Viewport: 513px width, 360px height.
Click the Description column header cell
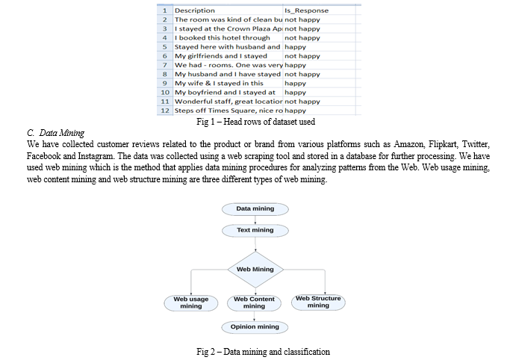(228, 10)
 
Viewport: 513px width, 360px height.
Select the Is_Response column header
(320, 10)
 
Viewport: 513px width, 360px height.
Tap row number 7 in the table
(165, 65)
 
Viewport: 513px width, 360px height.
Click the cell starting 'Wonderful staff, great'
(228, 102)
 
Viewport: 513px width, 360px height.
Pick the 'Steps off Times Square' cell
(228, 111)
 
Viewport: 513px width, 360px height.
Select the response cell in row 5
(320, 47)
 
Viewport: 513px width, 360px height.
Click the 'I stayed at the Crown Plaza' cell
(228, 29)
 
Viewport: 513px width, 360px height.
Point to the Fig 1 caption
(256, 122)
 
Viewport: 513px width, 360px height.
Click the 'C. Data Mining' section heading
(55, 133)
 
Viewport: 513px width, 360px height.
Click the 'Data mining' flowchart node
(255, 209)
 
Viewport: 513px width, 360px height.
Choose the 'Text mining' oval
(255, 230)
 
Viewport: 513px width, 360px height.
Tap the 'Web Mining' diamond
(255, 270)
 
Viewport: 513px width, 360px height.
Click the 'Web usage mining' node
(190, 302)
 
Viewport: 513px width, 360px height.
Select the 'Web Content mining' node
(254, 302)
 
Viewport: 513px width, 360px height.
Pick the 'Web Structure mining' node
(318, 302)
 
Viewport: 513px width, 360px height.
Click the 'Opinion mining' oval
(255, 327)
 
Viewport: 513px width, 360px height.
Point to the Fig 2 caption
(263, 352)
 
